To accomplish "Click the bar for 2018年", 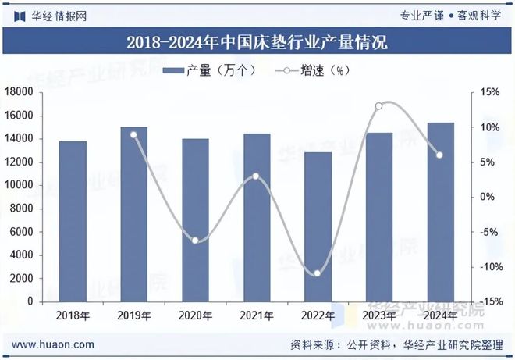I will click(73, 221).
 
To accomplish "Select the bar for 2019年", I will click(133, 214).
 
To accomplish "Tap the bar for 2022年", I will click(318, 226).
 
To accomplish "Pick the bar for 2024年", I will click(440, 212).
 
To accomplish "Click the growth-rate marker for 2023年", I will click(378, 105).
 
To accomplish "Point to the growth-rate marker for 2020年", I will click(195, 240).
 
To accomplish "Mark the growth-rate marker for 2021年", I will click(256, 176).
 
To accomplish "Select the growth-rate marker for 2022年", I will click(318, 273).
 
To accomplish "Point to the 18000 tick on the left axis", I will click(18, 92).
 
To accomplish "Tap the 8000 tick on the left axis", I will click(21, 209).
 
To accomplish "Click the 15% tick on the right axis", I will click(489, 92).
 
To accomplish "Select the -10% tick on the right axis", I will click(488, 266).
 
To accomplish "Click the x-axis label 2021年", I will click(256, 315).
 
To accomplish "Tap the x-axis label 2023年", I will click(378, 315).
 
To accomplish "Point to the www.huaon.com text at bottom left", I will click(55, 344).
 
